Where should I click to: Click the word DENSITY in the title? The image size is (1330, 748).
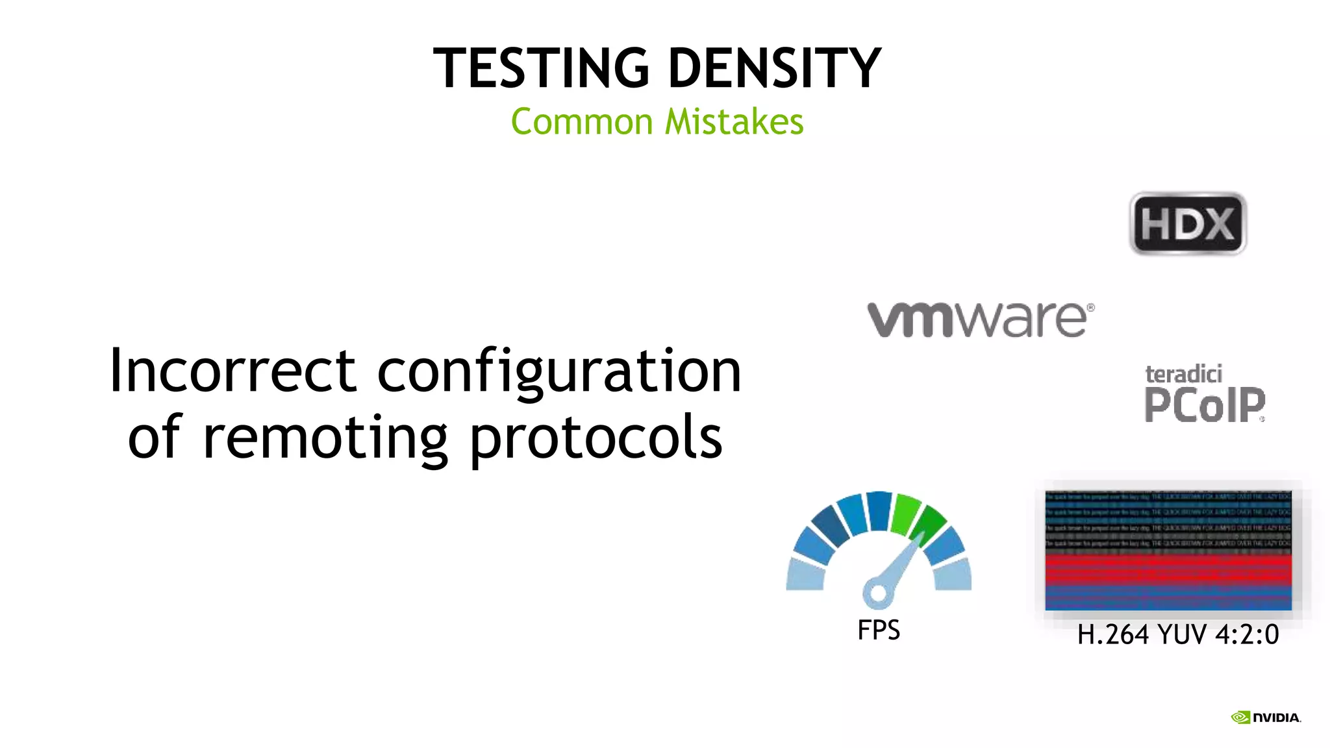click(x=774, y=68)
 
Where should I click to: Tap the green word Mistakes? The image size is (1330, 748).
click(x=734, y=122)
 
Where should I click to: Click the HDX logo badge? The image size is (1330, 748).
click(x=1188, y=223)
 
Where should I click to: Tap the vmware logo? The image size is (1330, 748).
click(x=981, y=319)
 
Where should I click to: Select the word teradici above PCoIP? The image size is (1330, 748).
click(x=1183, y=374)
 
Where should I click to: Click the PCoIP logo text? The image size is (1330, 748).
click(x=1204, y=405)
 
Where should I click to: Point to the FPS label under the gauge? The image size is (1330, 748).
click(x=879, y=630)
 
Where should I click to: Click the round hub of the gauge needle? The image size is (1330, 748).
click(x=878, y=592)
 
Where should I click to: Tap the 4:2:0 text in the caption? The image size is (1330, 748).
click(x=1247, y=634)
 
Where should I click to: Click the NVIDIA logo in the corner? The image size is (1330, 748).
click(x=1266, y=717)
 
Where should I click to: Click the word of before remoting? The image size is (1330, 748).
click(x=155, y=436)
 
